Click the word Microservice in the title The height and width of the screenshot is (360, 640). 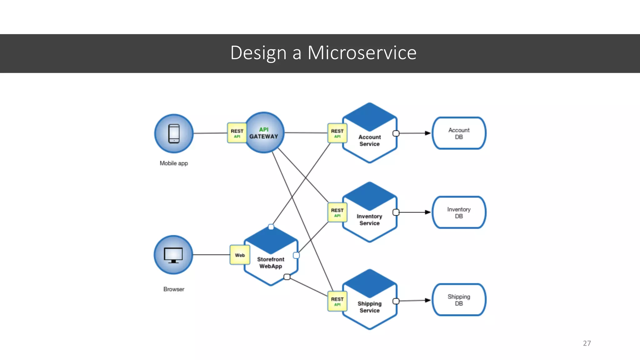(362, 52)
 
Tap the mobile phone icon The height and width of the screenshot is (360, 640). (174, 133)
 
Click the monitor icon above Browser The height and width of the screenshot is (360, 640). (173, 255)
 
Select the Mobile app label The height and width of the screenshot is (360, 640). (174, 163)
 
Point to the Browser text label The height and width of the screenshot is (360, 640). (174, 289)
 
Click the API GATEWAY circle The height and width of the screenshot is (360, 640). (264, 133)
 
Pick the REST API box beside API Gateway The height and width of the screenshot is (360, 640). (237, 133)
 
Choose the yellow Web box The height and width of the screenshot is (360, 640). (240, 255)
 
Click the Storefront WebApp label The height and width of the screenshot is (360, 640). (271, 263)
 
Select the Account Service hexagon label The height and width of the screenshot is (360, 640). (369, 140)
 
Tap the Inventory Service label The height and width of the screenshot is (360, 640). (369, 220)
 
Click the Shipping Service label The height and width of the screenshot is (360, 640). (369, 307)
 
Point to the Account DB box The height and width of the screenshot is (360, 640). (459, 133)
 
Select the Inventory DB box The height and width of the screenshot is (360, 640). (459, 212)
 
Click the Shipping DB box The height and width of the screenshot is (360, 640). (459, 300)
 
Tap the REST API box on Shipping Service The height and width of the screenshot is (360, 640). (337, 301)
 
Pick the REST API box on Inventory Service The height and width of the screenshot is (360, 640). (337, 212)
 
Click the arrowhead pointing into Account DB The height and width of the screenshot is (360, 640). (427, 133)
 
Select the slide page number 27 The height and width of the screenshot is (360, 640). (587, 343)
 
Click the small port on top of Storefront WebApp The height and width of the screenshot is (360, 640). (271, 227)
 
